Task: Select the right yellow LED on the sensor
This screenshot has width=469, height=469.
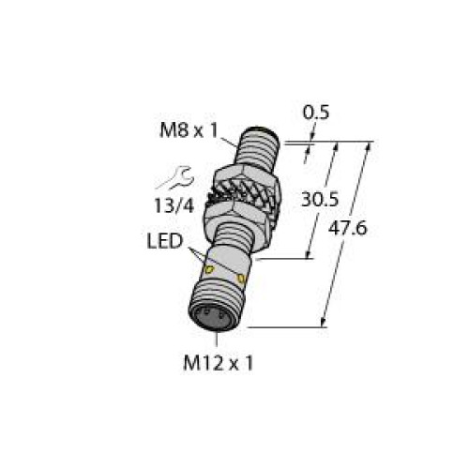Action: (x=243, y=279)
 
